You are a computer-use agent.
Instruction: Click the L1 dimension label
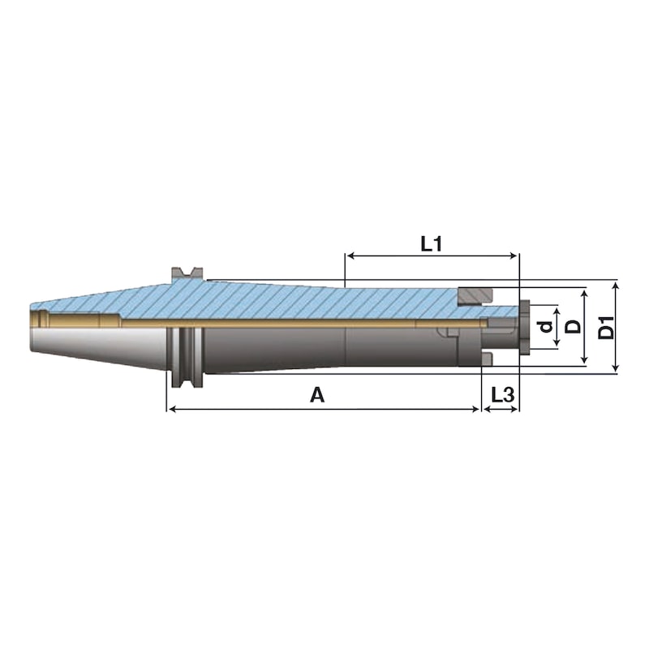click(432, 244)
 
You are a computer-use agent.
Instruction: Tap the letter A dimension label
click(317, 395)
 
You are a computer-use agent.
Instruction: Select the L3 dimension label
click(502, 395)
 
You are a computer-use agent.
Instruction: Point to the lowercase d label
click(547, 327)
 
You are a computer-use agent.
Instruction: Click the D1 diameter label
click(607, 328)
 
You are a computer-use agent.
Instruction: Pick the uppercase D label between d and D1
click(574, 327)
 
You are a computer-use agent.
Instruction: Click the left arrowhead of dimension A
click(170, 410)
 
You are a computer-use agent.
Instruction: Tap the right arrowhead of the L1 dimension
click(514, 256)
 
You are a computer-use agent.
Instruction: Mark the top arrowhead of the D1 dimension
click(616, 286)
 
